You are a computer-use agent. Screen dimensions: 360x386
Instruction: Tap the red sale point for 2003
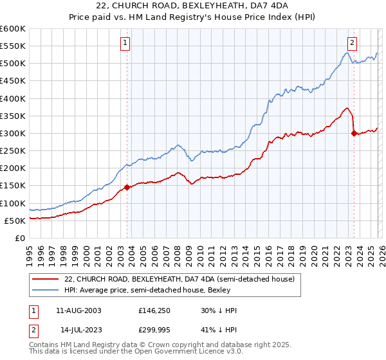click(x=127, y=187)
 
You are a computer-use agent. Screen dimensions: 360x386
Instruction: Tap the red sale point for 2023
click(x=354, y=134)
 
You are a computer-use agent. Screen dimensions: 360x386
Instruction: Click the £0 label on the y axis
click(x=19, y=239)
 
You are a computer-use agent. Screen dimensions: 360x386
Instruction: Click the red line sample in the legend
click(x=46, y=279)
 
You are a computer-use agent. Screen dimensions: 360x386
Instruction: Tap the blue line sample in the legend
click(x=46, y=290)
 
